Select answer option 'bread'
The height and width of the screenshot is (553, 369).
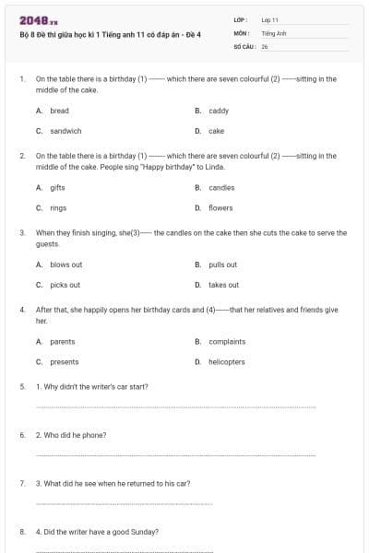point(59,111)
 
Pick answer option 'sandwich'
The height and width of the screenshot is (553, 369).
point(65,131)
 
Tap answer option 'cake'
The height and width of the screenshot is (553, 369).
point(216,131)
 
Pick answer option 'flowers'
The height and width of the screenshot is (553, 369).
point(220,207)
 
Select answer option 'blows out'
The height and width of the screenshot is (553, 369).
point(65,265)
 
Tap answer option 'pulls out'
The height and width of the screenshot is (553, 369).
point(222,265)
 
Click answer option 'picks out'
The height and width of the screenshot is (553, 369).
point(65,285)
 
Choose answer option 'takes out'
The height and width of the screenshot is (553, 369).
point(223,285)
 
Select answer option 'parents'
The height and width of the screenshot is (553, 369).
point(62,341)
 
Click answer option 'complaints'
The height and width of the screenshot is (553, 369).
point(227,341)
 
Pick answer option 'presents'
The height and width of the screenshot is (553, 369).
point(64,361)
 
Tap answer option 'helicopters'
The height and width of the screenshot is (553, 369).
point(227,361)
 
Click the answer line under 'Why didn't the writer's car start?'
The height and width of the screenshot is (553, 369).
point(175,406)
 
